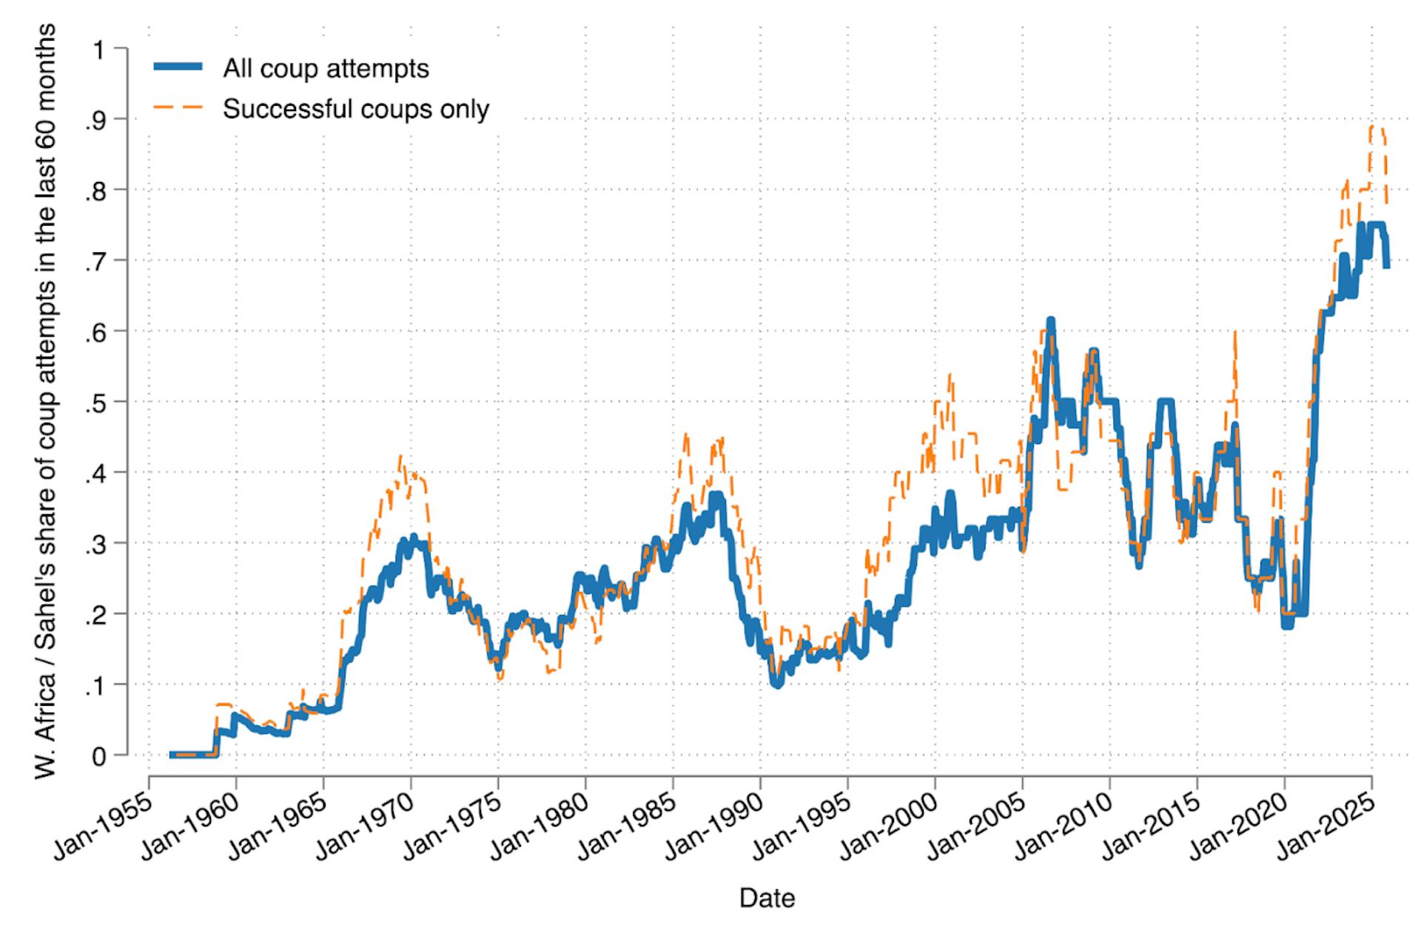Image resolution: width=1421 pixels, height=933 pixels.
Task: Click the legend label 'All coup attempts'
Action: pyautogui.click(x=326, y=69)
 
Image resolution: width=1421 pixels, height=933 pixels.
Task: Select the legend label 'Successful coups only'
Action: pyautogui.click(x=356, y=110)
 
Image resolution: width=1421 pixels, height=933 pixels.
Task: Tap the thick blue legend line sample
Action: pyautogui.click(x=178, y=67)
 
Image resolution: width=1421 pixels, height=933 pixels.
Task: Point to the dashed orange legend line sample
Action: pyautogui.click(x=178, y=108)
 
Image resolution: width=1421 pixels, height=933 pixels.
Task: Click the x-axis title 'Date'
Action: pyautogui.click(x=767, y=898)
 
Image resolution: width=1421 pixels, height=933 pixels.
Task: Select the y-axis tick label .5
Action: pyautogui.click(x=95, y=402)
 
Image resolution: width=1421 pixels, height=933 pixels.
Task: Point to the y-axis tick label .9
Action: pyautogui.click(x=95, y=120)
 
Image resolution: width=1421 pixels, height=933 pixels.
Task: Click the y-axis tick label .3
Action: pyautogui.click(x=95, y=543)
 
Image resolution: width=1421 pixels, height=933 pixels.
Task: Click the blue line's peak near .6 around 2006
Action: pyautogui.click(x=1050, y=320)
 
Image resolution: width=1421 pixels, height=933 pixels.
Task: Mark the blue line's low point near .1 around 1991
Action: pyautogui.click(x=776, y=684)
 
